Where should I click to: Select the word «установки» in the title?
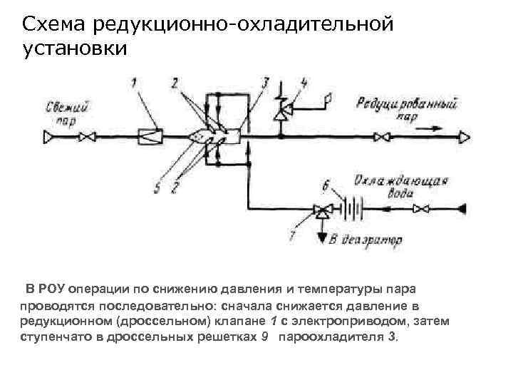pos(75,50)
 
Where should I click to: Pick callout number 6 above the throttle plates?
pos(326,187)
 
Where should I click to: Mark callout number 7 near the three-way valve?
pos(291,233)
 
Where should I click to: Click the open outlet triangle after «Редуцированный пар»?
pos(465,135)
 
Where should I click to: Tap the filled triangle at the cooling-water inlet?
pos(463,208)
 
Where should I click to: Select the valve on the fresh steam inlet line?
pos(88,135)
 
